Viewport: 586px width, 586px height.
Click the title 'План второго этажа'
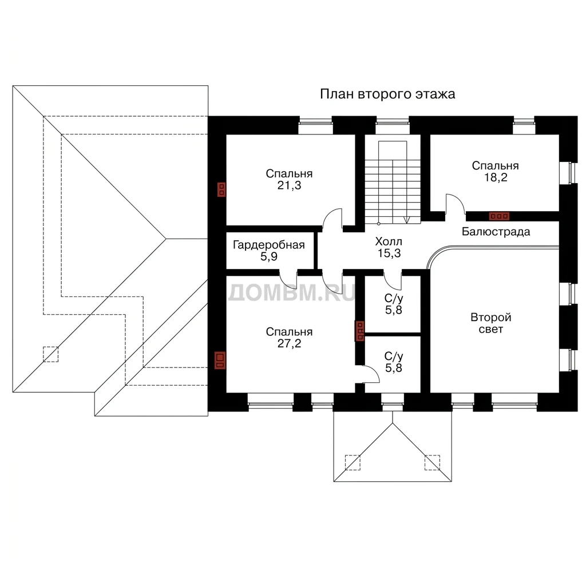pyautogui.click(x=387, y=94)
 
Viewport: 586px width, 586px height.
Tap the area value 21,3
pyautogui.click(x=289, y=185)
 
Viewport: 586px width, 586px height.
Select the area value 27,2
pyautogui.click(x=289, y=343)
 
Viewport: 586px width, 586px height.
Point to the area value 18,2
pyautogui.click(x=496, y=177)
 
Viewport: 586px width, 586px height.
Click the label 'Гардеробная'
pyautogui.click(x=269, y=245)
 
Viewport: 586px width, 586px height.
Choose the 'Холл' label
pyautogui.click(x=389, y=241)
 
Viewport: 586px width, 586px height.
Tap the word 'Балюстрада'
pyautogui.click(x=496, y=232)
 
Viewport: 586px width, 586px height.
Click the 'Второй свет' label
pyautogui.click(x=490, y=323)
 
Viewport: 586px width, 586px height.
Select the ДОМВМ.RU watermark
pyautogui.click(x=291, y=292)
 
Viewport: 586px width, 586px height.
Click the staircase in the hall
pyautogui.click(x=393, y=183)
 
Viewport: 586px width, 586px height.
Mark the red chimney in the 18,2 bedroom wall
pyautogui.click(x=499, y=216)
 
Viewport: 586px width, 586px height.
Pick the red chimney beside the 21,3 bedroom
pyautogui.click(x=221, y=189)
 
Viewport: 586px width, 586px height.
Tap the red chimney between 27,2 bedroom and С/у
pyautogui.click(x=359, y=331)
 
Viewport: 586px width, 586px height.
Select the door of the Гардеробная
pyautogui.click(x=288, y=279)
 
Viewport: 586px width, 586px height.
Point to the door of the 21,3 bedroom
pyautogui.click(x=332, y=218)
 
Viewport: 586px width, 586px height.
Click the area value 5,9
pyautogui.click(x=269, y=257)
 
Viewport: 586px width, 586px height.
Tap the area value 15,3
pyautogui.click(x=389, y=254)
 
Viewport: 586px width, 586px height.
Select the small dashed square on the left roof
pyautogui.click(x=51, y=354)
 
